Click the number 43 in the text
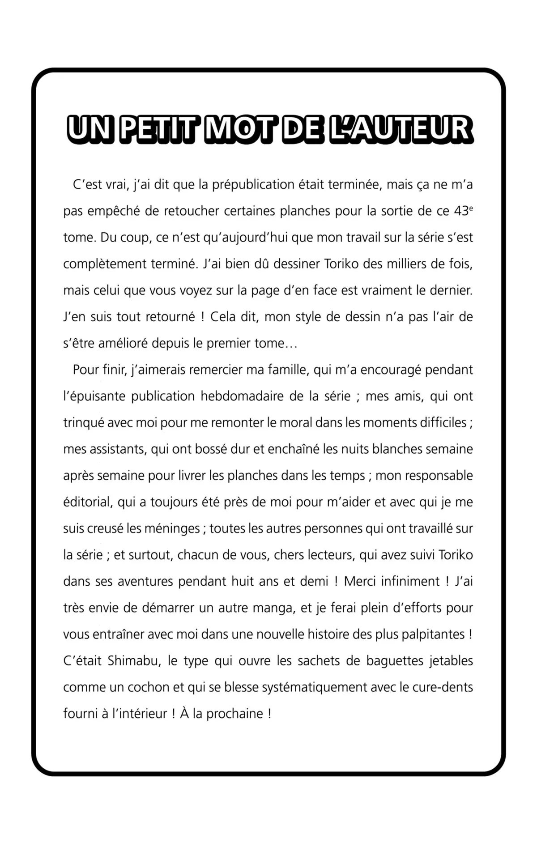pyautogui.click(x=460, y=211)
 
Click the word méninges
pyautogui.click(x=175, y=529)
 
